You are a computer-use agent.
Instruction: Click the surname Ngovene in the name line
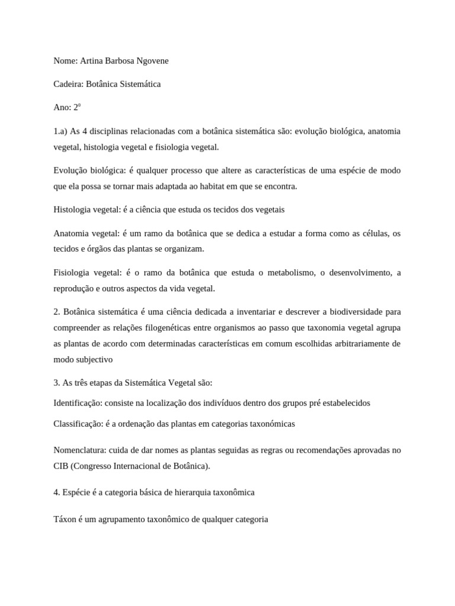point(152,61)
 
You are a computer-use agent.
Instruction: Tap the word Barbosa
point(117,61)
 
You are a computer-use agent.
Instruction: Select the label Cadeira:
point(68,84)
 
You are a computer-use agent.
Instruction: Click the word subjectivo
point(93,359)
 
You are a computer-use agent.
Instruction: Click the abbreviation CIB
point(60,466)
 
